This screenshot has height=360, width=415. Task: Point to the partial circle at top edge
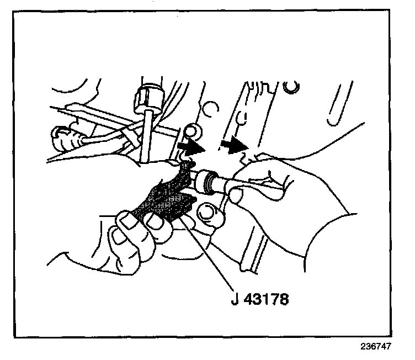(x=291, y=86)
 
